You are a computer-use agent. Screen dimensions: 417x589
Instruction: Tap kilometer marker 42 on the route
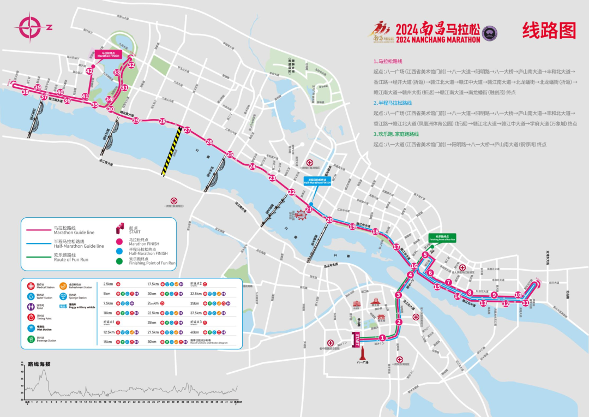90,70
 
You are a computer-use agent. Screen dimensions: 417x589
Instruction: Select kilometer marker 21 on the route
309,209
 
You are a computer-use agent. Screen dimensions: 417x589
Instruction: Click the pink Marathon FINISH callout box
108,54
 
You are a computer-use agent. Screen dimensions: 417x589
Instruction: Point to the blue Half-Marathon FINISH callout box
317,181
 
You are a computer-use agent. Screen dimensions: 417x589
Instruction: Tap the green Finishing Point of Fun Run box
442,237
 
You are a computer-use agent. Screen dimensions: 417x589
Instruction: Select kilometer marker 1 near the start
382,338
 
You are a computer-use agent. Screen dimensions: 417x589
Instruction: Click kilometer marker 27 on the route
187,130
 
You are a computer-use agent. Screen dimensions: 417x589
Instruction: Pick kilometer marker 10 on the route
518,295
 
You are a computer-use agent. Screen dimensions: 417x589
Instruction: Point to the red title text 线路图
549,30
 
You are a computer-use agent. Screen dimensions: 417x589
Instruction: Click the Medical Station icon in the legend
31,285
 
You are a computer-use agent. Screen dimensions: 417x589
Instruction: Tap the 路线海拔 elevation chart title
39,364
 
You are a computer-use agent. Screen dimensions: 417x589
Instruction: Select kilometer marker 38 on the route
25,92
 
